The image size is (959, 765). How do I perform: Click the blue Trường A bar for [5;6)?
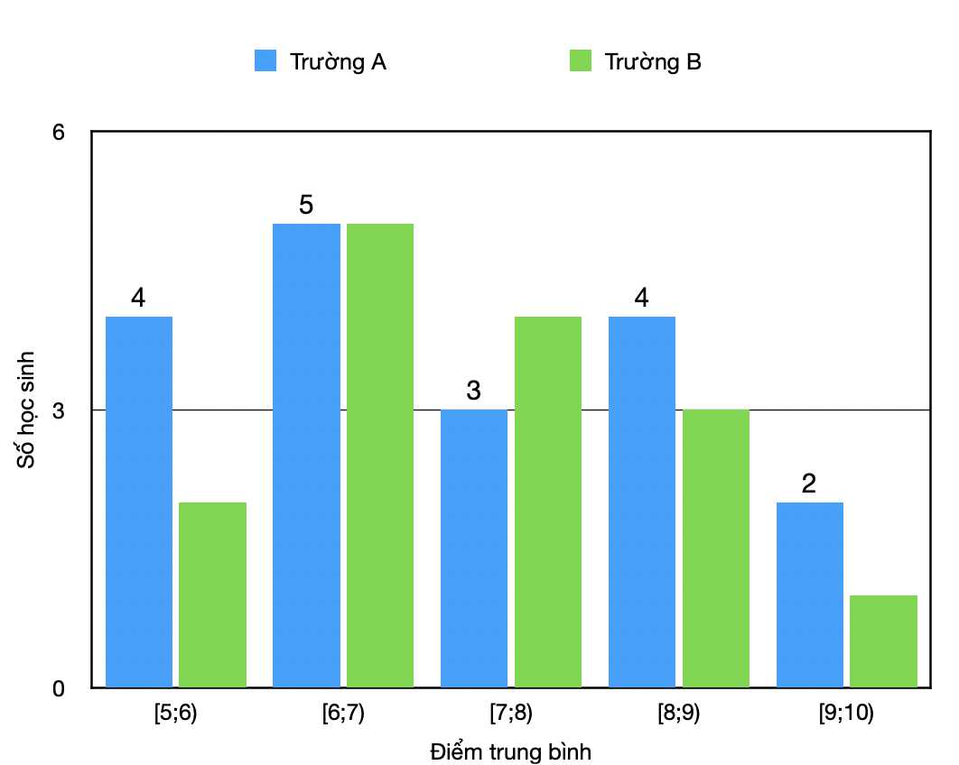pos(139,502)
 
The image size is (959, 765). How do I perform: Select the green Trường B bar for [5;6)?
pos(212,594)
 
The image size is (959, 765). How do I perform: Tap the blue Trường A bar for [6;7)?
pos(306,456)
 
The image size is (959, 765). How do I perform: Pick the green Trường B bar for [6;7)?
pos(379,456)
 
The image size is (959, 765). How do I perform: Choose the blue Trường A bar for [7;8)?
pos(474,548)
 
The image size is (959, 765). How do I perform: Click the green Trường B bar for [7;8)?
pos(547,502)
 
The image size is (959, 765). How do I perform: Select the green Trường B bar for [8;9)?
pos(715,548)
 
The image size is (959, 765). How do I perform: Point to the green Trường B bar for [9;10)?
pos(883,641)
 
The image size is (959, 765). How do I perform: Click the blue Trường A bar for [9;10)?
pos(810,594)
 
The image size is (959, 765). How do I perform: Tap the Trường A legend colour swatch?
pos(266,61)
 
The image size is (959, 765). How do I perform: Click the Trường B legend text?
pos(653,61)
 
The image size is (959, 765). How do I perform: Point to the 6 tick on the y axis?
pos(59,132)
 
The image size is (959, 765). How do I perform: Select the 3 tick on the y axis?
pos(59,410)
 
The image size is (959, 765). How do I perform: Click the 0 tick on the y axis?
pos(59,688)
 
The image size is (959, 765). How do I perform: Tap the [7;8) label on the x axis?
pos(510,714)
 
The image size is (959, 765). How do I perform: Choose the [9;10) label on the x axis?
pos(846,714)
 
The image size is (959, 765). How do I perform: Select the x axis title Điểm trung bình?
pos(510,751)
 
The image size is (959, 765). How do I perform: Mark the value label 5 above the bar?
pos(306,205)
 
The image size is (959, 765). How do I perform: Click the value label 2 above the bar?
pos(809,484)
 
